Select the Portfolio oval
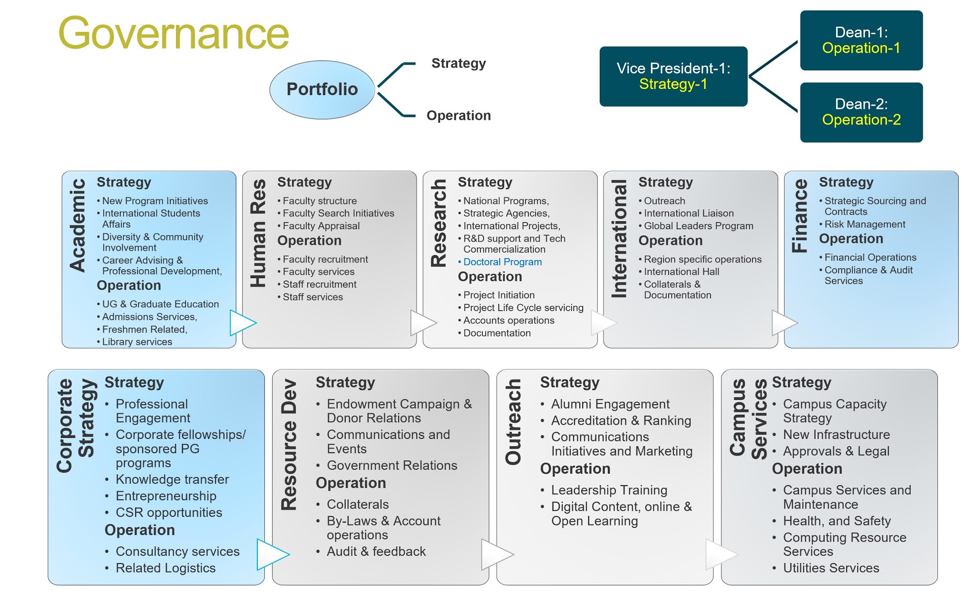322,89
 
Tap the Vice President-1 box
673,76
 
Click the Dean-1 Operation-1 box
861,40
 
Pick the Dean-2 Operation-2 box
861,112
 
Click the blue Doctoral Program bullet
502,262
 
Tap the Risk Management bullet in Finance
865,224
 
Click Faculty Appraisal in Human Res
321,226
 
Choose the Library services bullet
137,342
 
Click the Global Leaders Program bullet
698,226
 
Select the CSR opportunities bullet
169,513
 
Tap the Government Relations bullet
392,466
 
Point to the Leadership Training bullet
609,490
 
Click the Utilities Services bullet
831,568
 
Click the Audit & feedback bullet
376,552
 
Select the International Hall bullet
681,272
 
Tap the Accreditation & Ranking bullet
621,421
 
